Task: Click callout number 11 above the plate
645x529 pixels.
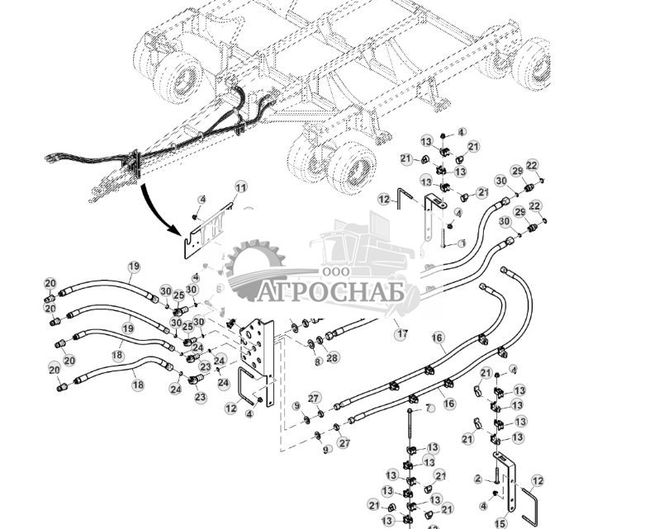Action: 240,188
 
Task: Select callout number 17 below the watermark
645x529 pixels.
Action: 401,334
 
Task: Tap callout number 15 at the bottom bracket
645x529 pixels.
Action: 500,522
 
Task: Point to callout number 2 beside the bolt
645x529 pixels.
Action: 478,478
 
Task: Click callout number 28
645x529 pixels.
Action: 333,357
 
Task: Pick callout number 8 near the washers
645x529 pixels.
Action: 318,361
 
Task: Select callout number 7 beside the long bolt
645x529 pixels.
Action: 429,408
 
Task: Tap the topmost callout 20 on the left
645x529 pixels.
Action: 50,283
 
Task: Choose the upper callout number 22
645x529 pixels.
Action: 532,166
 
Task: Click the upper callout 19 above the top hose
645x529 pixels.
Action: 135,266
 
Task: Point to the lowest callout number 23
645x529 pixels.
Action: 202,397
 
